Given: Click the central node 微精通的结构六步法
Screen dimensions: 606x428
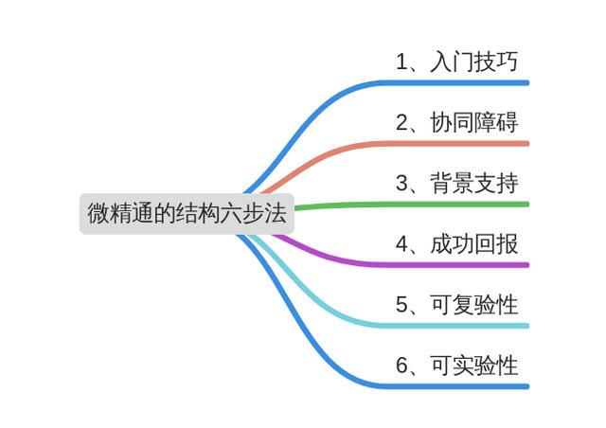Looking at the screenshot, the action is pyautogui.click(x=187, y=213).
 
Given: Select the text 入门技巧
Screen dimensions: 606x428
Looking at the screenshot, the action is pyautogui.click(x=474, y=62).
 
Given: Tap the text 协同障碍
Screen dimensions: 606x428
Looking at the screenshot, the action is pyautogui.click(x=474, y=122).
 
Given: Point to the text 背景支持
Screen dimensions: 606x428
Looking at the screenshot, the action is pyautogui.click(x=474, y=184).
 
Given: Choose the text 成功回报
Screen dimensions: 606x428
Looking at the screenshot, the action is pyautogui.click(x=474, y=244).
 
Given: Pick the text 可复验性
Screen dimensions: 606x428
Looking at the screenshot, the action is pyautogui.click(x=474, y=305).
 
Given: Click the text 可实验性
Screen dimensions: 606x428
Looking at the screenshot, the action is pyautogui.click(x=474, y=366).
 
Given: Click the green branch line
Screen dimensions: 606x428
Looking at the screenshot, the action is pyautogui.click(x=412, y=205).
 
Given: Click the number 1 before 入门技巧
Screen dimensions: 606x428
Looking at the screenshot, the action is pyautogui.click(x=401, y=62).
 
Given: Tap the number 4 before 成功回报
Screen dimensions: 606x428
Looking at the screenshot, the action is pyautogui.click(x=401, y=244).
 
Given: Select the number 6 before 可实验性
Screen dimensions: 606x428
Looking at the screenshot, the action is pyautogui.click(x=401, y=366).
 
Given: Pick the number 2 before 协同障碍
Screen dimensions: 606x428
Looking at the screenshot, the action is pyautogui.click(x=401, y=123).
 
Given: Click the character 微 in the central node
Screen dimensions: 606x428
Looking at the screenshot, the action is pyautogui.click(x=98, y=213).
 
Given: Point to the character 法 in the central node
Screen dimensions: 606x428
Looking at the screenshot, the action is pyautogui.click(x=276, y=213).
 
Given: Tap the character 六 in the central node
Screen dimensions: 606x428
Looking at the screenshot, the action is pyautogui.click(x=231, y=213).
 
